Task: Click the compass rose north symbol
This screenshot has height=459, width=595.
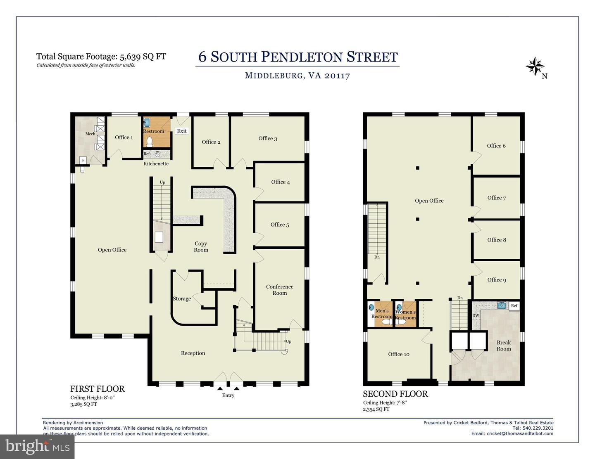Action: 535,66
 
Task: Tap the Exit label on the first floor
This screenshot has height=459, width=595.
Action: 182,131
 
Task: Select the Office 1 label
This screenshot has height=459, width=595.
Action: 124,137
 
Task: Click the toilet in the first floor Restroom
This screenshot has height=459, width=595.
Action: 150,142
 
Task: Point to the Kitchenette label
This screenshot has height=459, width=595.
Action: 156,163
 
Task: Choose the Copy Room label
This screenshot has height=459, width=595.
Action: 201,246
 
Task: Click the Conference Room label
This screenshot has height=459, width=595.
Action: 279,290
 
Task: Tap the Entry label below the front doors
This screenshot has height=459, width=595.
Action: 228,395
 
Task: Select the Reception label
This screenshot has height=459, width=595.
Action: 193,353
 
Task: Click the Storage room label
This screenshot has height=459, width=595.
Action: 182,298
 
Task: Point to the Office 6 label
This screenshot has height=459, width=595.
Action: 496,146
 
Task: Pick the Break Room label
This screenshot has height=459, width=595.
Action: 504,345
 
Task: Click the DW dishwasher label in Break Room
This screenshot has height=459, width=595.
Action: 476,316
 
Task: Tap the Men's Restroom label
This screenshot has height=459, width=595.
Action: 381,314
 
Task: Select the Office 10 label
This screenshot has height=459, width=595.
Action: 399,354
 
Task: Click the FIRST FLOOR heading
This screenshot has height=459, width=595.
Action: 98,389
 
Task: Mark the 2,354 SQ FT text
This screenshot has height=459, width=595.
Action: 376,409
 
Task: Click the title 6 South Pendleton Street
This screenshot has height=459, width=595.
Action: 297,57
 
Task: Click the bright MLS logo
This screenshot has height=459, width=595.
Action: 37,446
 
